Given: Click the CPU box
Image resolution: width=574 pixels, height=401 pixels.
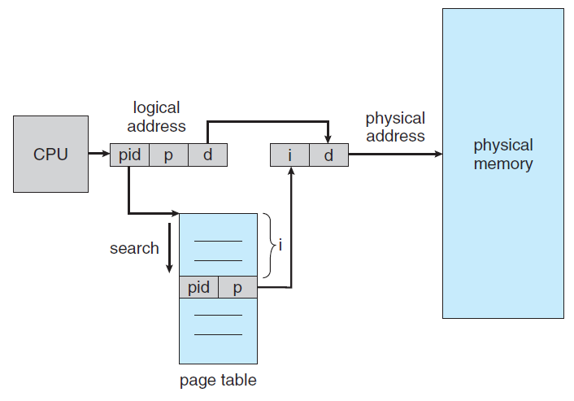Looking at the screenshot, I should pyautogui.click(x=50, y=154).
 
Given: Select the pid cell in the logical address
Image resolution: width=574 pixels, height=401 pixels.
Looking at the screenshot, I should pyautogui.click(x=129, y=155).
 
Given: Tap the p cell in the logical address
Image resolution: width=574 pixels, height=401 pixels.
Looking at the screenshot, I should pyautogui.click(x=168, y=155).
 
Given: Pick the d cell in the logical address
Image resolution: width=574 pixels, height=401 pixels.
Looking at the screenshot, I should pyautogui.click(x=207, y=155).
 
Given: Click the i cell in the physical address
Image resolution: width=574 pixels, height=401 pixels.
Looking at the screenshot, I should pyautogui.click(x=289, y=155).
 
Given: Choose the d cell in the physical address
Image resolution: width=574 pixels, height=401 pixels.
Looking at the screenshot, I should pyautogui.click(x=328, y=155).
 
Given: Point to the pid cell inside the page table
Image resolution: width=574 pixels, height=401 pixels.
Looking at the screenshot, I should pyautogui.click(x=198, y=287).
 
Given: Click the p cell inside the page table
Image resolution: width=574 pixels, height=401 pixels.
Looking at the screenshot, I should pyautogui.click(x=237, y=287).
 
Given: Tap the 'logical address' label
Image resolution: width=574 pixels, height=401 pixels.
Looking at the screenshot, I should pyautogui.click(x=156, y=116).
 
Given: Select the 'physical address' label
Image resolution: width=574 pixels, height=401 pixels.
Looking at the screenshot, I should pyautogui.click(x=395, y=127).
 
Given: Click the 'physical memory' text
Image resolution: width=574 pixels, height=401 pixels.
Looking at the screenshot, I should pyautogui.click(x=502, y=155).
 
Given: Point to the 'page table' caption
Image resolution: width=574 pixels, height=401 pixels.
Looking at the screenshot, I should pyautogui.click(x=218, y=380).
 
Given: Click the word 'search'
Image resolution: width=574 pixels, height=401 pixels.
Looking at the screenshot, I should pyautogui.click(x=134, y=248).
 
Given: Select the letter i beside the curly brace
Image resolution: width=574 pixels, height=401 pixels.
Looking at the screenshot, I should pyautogui.click(x=280, y=245).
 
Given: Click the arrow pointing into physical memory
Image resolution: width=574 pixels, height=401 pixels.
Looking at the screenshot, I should pyautogui.click(x=394, y=154).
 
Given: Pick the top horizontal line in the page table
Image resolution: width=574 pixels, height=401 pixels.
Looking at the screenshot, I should pyautogui.click(x=218, y=241).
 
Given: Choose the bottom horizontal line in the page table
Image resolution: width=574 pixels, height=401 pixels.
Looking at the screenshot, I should pyautogui.click(x=218, y=334).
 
